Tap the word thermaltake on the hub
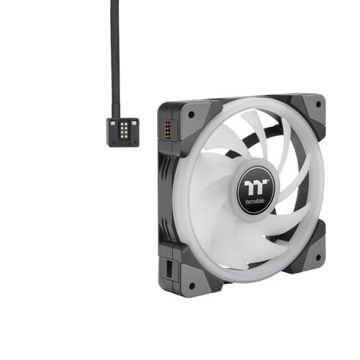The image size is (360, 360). click(x=255, y=201)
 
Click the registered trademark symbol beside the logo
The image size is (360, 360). click(x=269, y=181)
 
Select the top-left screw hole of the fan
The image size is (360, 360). click(x=192, y=114)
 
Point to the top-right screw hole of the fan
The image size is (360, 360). click(x=318, y=104)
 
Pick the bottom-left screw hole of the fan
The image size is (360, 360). click(x=192, y=286)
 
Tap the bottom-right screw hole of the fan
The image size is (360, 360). click(x=318, y=258)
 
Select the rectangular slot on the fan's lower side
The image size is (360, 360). click(x=169, y=269)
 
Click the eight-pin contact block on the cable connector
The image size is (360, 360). click(x=124, y=130)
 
